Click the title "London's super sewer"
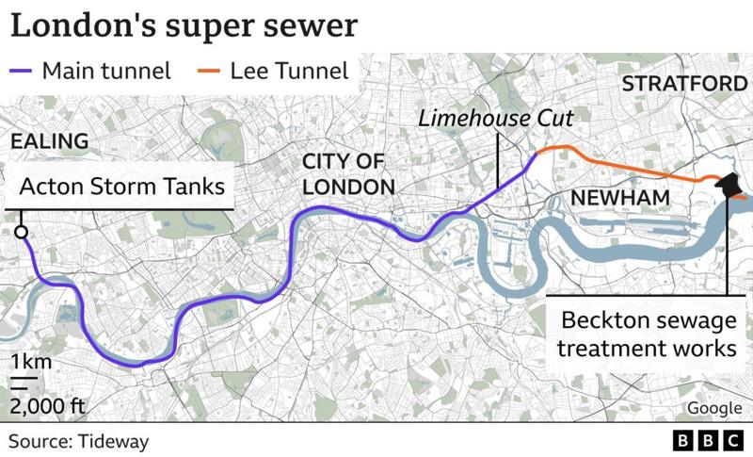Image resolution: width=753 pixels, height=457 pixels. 184,25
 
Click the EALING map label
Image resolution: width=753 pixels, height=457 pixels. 48,141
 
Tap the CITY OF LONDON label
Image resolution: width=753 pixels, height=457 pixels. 348,174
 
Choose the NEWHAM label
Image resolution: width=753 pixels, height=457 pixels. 619,199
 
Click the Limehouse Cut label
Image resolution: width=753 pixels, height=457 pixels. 496,119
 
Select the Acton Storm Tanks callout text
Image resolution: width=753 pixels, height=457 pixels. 123,187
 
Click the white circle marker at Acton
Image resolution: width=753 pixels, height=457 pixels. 21,233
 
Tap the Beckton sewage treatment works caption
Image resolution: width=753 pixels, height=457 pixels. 646,335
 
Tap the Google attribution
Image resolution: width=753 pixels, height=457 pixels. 713,407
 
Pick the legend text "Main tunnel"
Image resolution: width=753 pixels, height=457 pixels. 106,71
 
